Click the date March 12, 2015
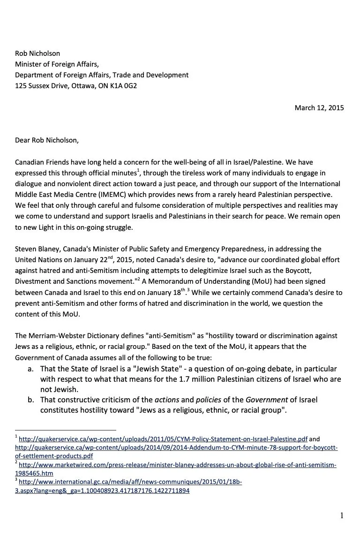click(319, 108)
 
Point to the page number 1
click(342, 516)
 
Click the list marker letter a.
click(30, 370)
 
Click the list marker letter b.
click(30, 400)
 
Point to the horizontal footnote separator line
click(65, 430)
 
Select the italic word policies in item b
click(208, 400)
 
